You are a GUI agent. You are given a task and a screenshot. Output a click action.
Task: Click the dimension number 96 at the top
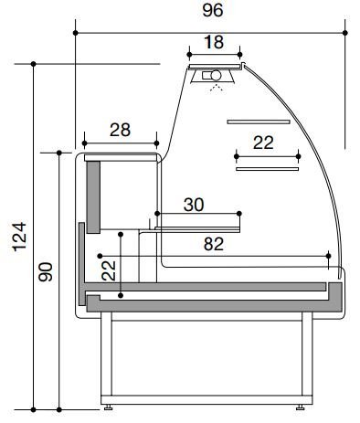tap(213, 11)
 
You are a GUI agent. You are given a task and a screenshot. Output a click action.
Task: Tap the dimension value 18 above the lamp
tap(214, 42)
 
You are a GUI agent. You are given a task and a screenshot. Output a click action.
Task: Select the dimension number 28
tap(120, 130)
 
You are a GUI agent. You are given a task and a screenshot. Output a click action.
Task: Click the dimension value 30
tap(194, 205)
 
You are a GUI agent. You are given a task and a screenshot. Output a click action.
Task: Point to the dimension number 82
tap(214, 244)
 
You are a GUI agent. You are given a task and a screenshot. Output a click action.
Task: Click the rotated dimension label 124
tap(19, 237)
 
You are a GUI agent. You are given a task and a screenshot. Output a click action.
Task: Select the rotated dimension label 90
tap(46, 272)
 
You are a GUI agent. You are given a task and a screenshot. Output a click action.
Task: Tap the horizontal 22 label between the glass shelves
tap(263, 143)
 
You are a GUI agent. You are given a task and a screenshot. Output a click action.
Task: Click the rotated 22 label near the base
tap(109, 270)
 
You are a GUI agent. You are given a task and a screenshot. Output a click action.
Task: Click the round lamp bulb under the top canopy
tap(217, 75)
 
